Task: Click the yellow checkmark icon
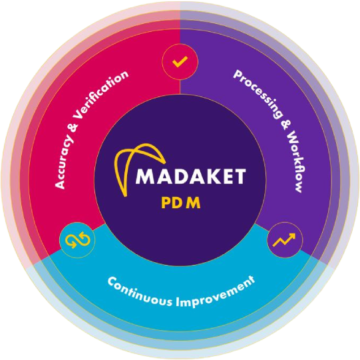click(180, 62)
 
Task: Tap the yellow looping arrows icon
click(78, 240)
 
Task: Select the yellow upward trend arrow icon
click(284, 240)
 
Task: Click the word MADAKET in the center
click(191, 176)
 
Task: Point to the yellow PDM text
click(181, 203)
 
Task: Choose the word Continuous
click(140, 292)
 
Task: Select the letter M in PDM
click(193, 203)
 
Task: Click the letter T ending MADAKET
click(239, 176)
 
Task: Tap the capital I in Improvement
click(178, 301)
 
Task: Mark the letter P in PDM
click(165, 203)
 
